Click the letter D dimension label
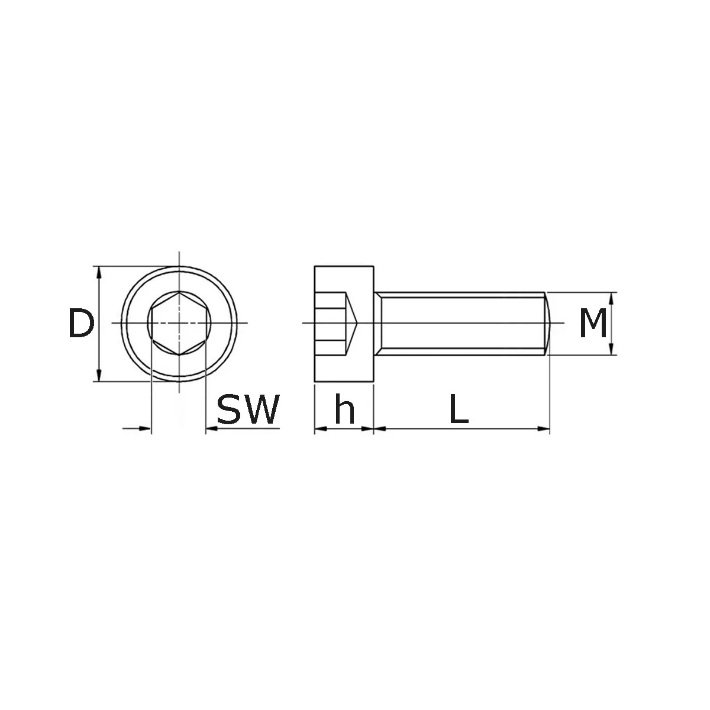coord(81,324)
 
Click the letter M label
coord(593,324)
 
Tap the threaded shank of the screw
coord(461,323)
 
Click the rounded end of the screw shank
coord(548,323)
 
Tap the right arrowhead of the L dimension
coord(544,428)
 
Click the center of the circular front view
coord(179,323)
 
